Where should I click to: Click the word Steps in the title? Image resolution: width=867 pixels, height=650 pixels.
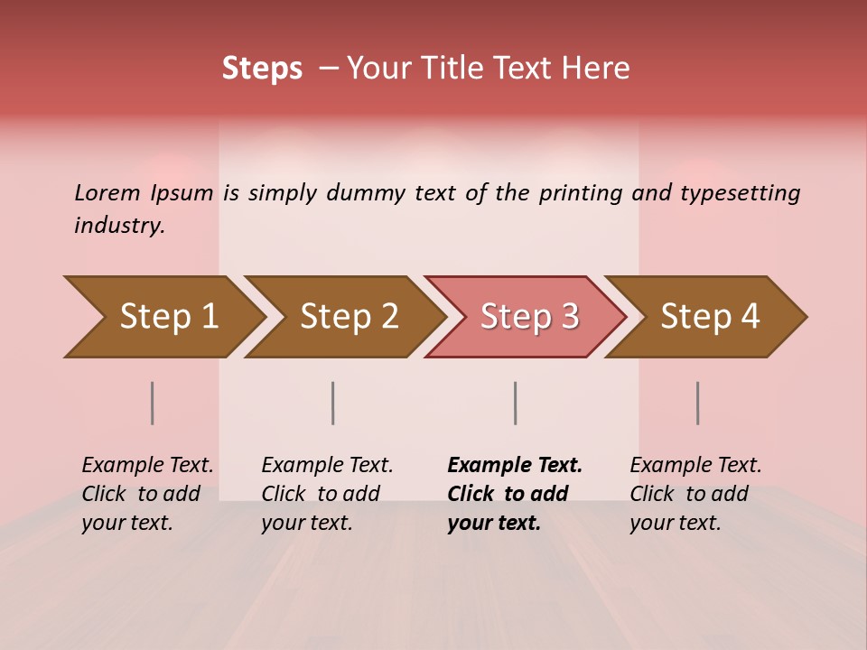click(x=262, y=69)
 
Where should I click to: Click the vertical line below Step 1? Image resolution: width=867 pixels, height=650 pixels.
click(x=153, y=403)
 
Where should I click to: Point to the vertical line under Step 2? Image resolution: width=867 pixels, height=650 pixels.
click(x=333, y=403)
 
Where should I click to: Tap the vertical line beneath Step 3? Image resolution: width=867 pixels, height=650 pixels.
click(x=516, y=403)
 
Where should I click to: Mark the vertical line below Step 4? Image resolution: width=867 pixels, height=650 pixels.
click(x=698, y=403)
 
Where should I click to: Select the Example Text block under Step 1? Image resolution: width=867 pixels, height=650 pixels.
click(x=147, y=494)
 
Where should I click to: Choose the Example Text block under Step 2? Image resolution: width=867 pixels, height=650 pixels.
click(x=327, y=494)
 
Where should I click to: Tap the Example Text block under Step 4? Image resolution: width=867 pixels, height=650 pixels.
click(x=695, y=494)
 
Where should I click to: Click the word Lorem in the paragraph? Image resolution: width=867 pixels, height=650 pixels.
click(x=107, y=193)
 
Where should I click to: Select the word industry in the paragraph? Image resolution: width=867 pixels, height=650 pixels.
click(x=118, y=226)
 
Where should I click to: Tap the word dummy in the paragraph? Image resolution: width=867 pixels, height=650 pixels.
click(x=367, y=193)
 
